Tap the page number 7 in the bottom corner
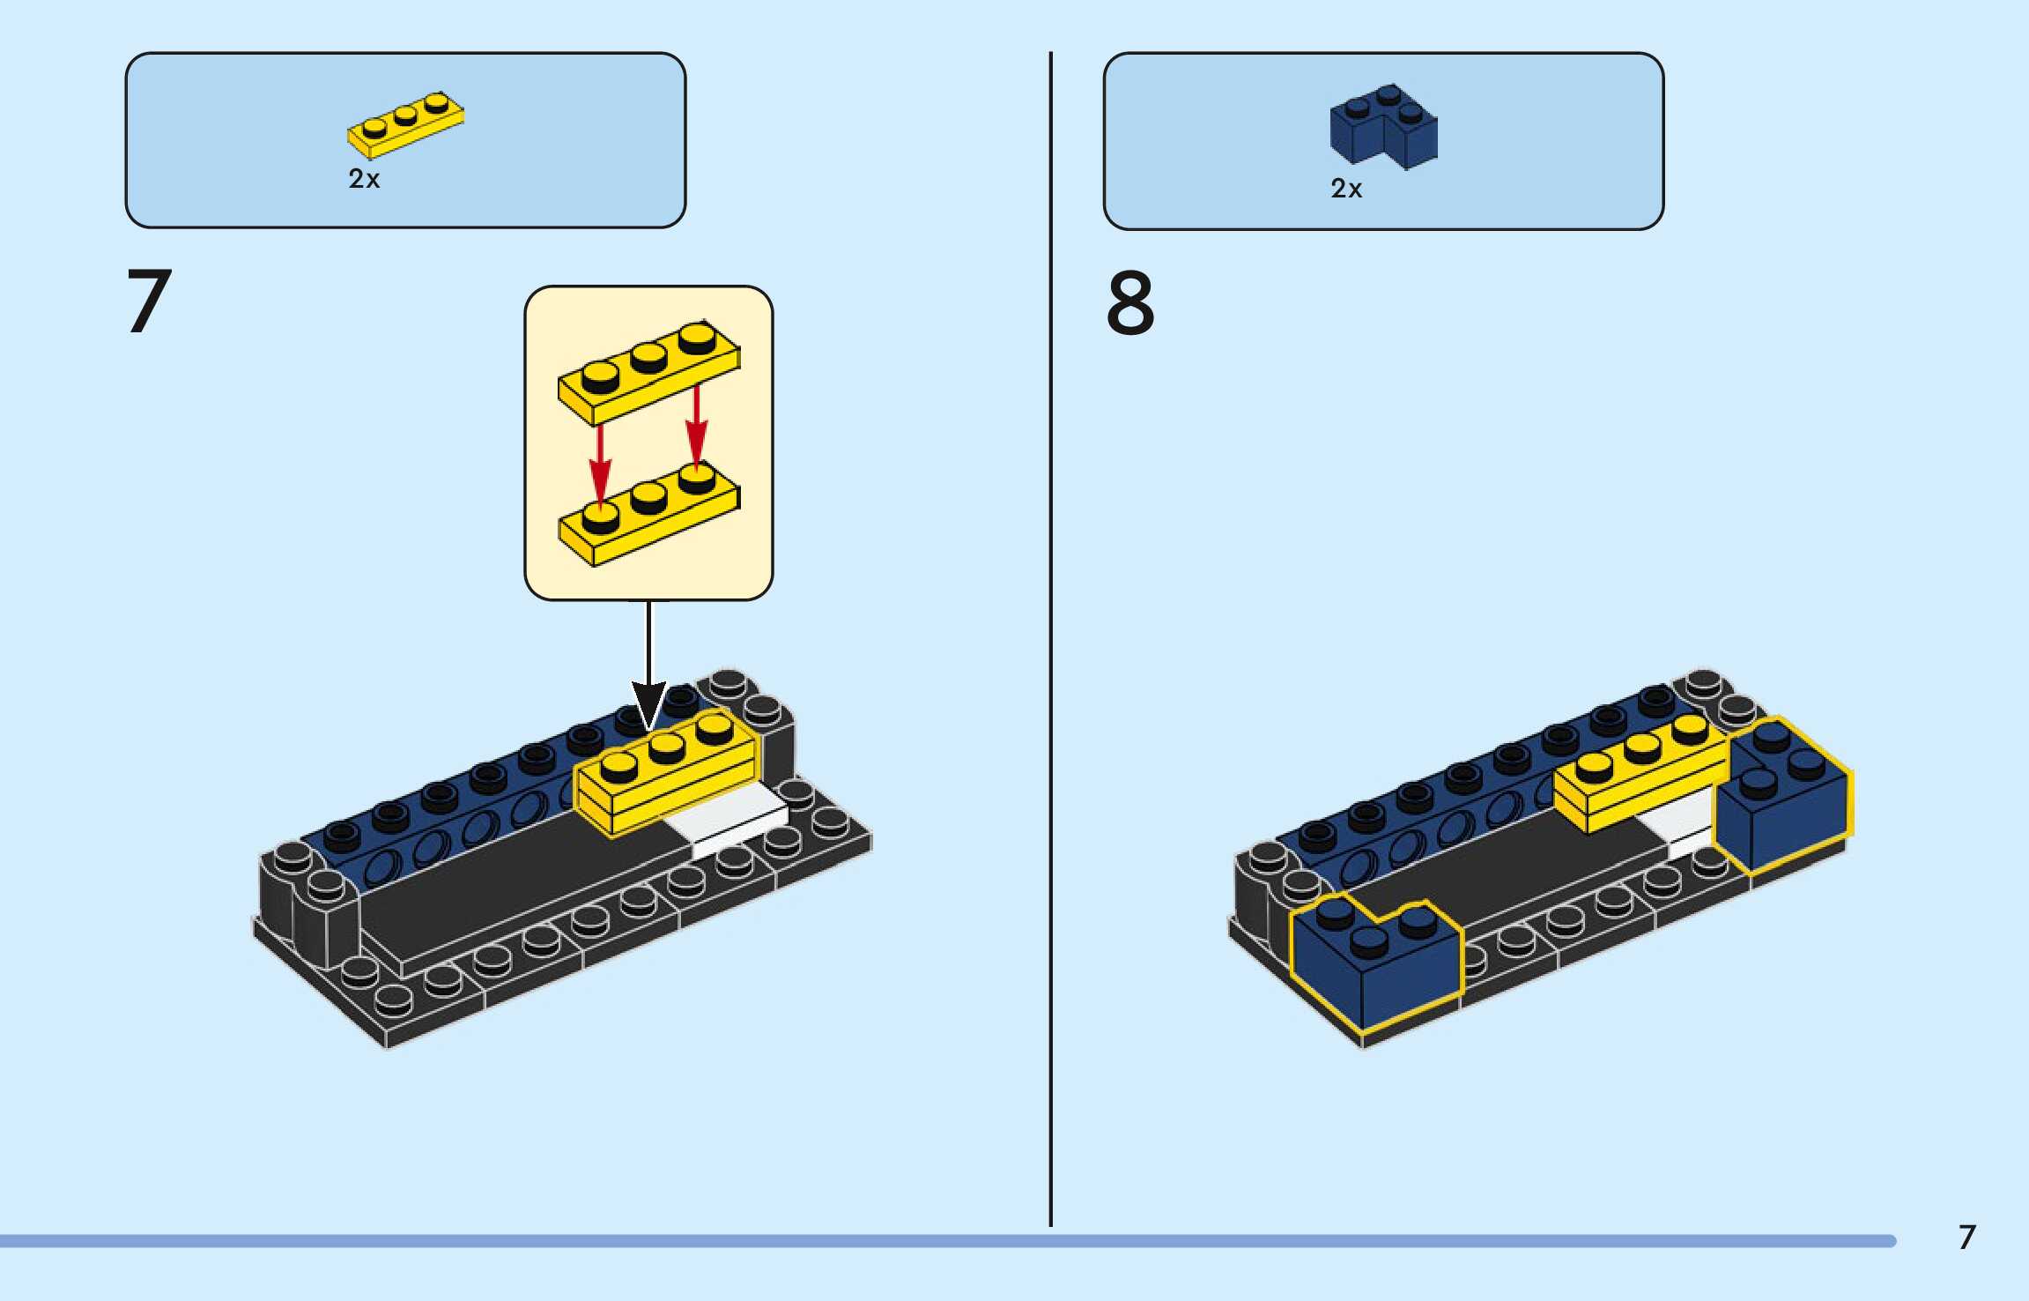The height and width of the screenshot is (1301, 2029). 1966,1237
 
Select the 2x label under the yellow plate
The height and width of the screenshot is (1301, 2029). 364,179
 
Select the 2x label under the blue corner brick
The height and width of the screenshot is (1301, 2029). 1346,189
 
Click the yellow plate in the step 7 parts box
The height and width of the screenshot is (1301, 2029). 405,125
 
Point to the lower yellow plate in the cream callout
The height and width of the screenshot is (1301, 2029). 648,520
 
